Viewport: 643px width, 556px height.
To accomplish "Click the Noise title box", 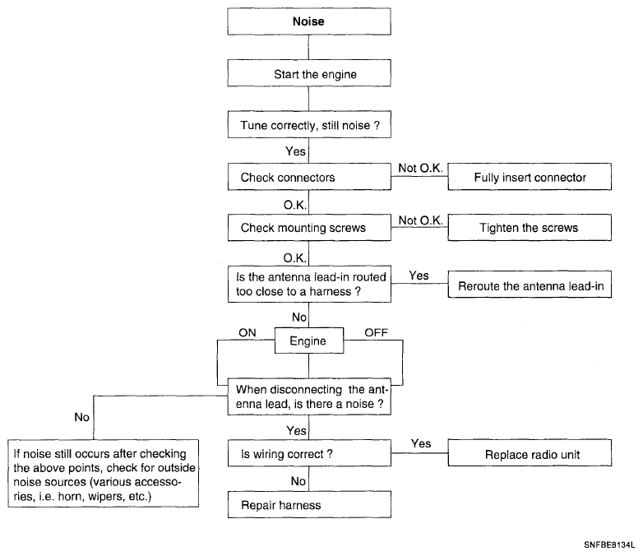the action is point(309,21).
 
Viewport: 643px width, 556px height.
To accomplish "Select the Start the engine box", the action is point(309,73).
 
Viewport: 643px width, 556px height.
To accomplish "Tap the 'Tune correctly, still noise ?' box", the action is point(309,124).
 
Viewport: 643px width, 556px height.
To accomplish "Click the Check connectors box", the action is point(309,177).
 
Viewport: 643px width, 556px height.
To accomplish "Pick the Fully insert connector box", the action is point(530,177).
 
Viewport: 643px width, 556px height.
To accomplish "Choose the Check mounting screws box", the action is point(309,227).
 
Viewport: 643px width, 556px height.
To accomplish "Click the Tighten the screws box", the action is point(530,227).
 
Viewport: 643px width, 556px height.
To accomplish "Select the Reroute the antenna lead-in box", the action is point(530,285).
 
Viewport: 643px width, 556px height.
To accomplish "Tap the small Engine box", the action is point(309,341).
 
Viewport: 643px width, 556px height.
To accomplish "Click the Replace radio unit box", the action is point(530,453).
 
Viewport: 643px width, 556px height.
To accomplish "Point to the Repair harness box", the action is point(309,504).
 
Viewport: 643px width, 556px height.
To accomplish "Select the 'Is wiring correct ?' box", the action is point(309,453).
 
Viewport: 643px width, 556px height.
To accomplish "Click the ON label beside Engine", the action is point(247,333).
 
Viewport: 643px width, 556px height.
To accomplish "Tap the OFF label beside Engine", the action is point(376,333).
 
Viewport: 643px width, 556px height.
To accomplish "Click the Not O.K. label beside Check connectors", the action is point(420,168).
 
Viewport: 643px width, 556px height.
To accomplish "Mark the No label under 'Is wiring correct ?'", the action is point(298,481).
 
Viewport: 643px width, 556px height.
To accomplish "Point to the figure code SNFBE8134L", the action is point(609,545).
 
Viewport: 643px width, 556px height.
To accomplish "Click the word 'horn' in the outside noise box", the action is point(69,497).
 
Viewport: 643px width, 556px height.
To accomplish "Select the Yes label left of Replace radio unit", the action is point(421,443).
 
